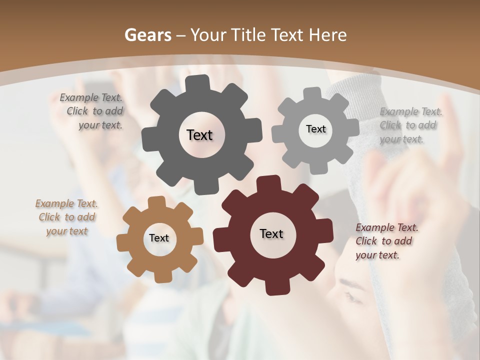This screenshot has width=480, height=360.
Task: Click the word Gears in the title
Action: [x=147, y=35]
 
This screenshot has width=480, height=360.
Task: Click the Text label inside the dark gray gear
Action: [x=199, y=135]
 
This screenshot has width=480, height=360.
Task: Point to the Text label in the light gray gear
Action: [x=315, y=129]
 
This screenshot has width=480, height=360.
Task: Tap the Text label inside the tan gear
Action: [x=159, y=238]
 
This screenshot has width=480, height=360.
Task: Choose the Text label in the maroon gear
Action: [x=271, y=233]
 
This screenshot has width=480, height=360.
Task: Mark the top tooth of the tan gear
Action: [x=156, y=202]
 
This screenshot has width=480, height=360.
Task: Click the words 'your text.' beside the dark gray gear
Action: [x=100, y=125]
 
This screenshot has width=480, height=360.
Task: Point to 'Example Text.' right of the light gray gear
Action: [x=411, y=111]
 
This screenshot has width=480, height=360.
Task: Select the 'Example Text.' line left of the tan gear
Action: [x=66, y=203]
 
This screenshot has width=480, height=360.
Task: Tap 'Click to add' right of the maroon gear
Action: [x=384, y=241]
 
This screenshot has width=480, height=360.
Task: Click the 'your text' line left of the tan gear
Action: [x=67, y=231]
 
